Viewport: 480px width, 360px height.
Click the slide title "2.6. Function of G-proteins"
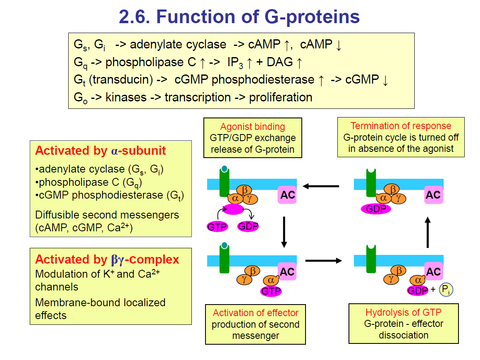pos(239,17)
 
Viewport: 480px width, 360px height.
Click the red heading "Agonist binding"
pos(252,127)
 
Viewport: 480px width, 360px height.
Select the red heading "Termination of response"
pos(401,126)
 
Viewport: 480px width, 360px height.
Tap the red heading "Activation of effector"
pos(255,312)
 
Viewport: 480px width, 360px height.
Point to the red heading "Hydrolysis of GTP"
pos(403,312)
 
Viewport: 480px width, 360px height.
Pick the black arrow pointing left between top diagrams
pos(321,186)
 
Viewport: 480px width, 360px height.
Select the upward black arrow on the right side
pos(428,233)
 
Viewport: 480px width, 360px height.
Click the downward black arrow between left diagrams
pos(284,231)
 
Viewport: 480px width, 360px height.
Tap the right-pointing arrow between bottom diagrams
pos(324,261)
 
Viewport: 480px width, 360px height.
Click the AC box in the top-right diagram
pos(433,195)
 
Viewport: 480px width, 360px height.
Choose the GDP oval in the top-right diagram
pos(376,209)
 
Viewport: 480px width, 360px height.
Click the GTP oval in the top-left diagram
pos(217,226)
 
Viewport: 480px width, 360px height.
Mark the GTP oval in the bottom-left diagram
pos(271,291)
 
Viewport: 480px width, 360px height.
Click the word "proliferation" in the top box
pos(281,98)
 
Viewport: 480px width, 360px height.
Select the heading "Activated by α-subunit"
pos(100,151)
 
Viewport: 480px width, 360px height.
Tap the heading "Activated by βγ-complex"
pos(107,259)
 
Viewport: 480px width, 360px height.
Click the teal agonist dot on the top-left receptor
pos(224,169)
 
